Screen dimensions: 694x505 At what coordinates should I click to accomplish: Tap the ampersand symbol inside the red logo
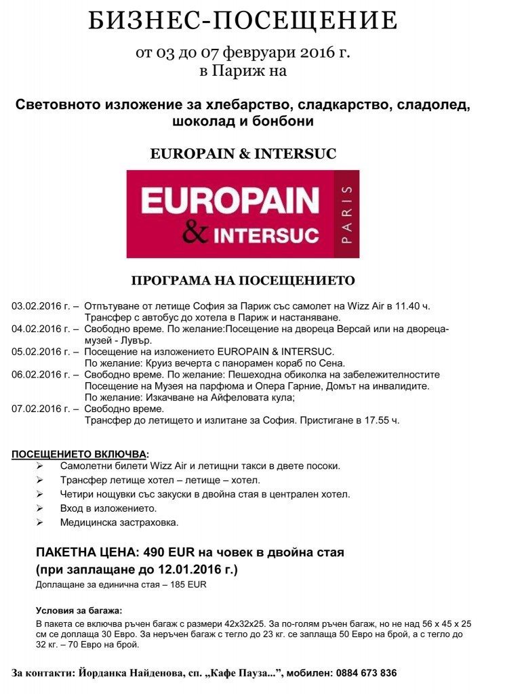tap(197, 232)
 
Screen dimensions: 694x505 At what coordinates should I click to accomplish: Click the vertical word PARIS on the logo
tap(347, 214)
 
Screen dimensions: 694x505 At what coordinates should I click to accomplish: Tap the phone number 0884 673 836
tap(363, 673)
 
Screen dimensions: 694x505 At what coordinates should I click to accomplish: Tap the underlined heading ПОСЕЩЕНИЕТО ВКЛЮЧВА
tap(79, 453)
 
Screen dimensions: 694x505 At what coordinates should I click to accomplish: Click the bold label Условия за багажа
tap(79, 610)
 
